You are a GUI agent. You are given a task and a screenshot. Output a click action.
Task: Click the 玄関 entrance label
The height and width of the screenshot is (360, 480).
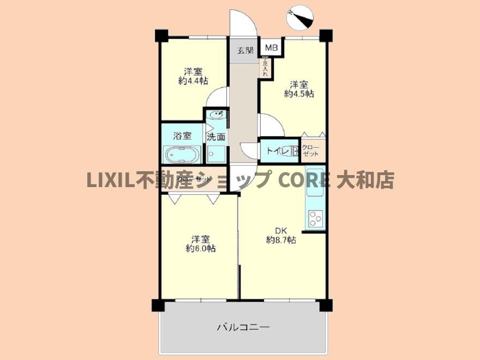[x=245, y=51]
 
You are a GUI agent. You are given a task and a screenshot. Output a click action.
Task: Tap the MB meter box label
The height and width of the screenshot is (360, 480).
[x=271, y=48]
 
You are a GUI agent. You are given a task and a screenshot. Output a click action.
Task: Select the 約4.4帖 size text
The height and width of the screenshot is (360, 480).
[x=193, y=80]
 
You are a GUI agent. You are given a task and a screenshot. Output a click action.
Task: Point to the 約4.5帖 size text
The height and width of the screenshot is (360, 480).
[x=298, y=93]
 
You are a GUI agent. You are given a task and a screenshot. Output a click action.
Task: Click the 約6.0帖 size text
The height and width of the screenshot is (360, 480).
[x=200, y=248]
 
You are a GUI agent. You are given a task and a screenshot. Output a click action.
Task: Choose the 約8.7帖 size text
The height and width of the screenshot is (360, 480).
[x=281, y=239]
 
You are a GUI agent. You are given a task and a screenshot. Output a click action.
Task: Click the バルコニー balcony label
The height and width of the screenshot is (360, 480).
[x=243, y=328]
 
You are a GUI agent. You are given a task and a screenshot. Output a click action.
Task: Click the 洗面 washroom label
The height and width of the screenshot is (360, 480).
[x=216, y=137]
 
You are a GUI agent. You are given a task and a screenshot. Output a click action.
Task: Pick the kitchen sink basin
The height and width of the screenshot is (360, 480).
[x=315, y=184]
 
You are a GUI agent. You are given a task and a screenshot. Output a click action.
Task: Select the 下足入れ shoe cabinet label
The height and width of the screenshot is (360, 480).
[x=266, y=68]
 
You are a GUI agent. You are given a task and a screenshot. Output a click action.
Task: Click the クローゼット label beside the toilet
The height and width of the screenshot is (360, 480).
[x=311, y=151]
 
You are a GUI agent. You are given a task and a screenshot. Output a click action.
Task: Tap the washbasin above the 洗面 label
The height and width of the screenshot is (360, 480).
[x=217, y=115]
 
